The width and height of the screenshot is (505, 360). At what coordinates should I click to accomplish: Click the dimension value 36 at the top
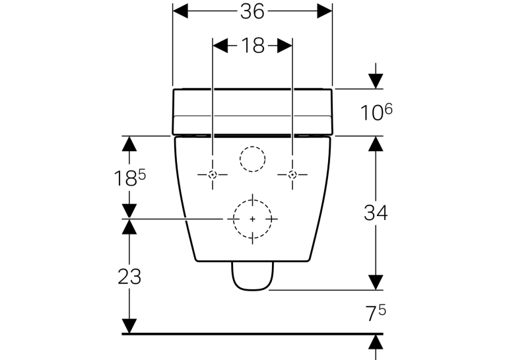pyautogui.click(x=252, y=12)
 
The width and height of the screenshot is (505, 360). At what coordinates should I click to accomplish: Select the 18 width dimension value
pyautogui.click(x=253, y=46)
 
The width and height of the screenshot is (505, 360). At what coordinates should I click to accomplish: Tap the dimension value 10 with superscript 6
pyautogui.click(x=376, y=112)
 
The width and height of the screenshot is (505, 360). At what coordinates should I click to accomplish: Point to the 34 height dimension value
pyautogui.click(x=376, y=213)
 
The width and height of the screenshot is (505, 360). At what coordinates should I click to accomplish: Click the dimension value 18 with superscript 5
pyautogui.click(x=130, y=178)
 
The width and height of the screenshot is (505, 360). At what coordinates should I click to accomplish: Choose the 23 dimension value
pyautogui.click(x=129, y=277)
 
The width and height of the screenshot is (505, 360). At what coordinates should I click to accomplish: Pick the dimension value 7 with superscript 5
pyautogui.click(x=376, y=313)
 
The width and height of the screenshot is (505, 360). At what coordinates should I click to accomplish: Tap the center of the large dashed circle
pyautogui.click(x=252, y=219)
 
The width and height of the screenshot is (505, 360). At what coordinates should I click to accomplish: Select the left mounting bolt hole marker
pyautogui.click(x=213, y=174)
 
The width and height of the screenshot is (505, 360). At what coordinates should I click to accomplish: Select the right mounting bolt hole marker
pyautogui.click(x=292, y=174)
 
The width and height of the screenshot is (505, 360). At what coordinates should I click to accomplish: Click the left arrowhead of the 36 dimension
pyautogui.click(x=180, y=11)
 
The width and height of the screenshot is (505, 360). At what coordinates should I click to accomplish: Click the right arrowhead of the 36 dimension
pyautogui.click(x=325, y=11)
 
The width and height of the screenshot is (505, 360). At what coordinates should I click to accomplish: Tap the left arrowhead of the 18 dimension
pyautogui.click(x=220, y=46)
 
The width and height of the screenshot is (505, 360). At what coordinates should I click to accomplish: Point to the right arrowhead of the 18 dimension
pyautogui.click(x=285, y=46)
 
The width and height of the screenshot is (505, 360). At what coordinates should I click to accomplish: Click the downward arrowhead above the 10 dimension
pyautogui.click(x=376, y=81)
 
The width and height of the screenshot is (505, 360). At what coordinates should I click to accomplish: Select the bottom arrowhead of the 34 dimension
pyautogui.click(x=376, y=282)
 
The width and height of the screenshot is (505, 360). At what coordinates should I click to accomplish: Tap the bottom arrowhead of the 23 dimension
pyautogui.click(x=129, y=326)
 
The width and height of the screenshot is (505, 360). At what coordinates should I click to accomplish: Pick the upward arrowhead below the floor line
pyautogui.click(x=376, y=342)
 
